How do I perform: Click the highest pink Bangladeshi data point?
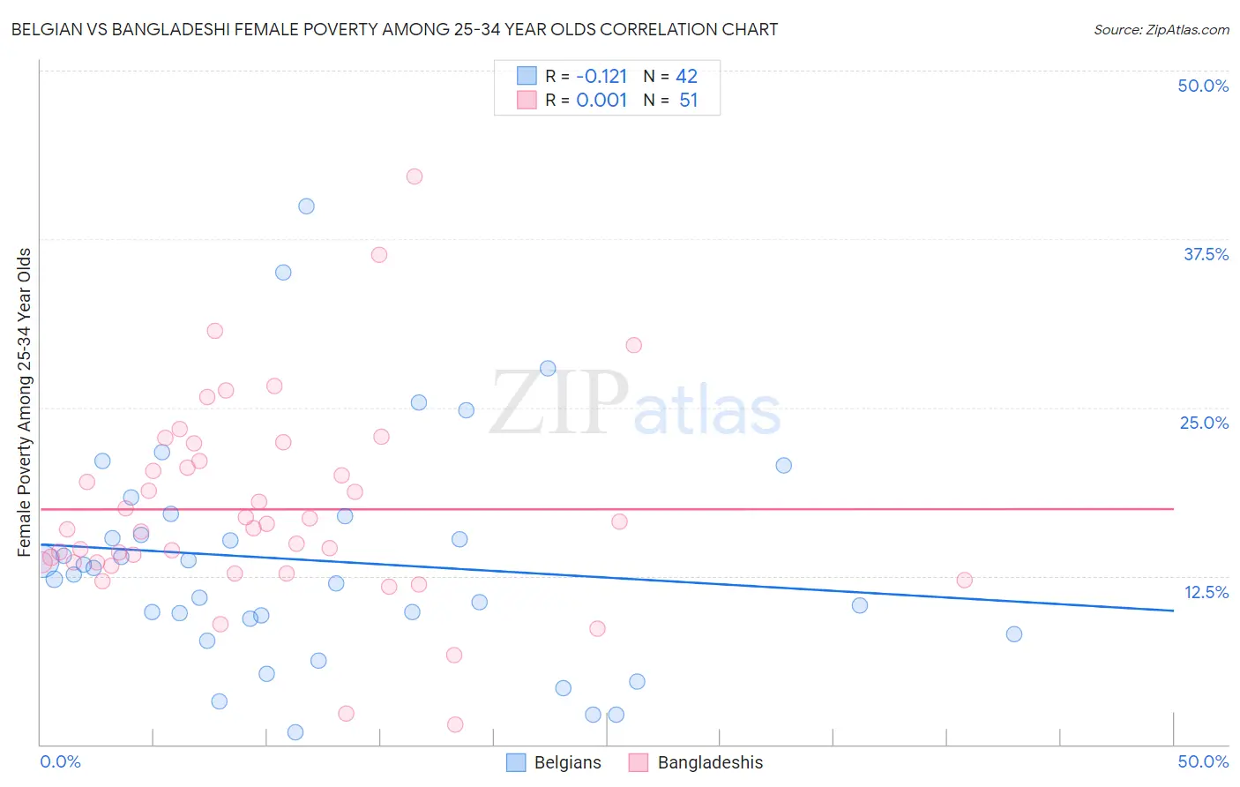click(415, 176)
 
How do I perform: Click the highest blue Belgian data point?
click(306, 206)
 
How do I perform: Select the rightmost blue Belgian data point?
click(1014, 634)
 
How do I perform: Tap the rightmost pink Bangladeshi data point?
click(964, 581)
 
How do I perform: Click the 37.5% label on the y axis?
click(1206, 254)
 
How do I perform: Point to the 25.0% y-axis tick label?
click(1204, 423)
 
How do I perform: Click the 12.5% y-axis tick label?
click(1206, 592)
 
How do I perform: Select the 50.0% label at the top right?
click(1203, 86)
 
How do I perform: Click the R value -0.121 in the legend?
click(601, 76)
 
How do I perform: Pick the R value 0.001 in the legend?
click(601, 101)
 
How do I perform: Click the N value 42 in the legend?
click(686, 76)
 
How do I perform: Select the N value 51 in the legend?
click(688, 101)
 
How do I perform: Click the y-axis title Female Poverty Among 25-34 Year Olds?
click(24, 402)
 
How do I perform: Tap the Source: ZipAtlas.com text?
click(1162, 30)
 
